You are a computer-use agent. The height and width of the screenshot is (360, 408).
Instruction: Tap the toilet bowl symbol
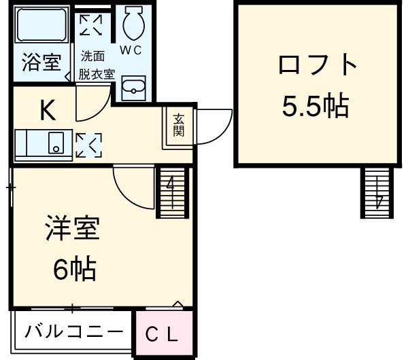[x=134, y=22]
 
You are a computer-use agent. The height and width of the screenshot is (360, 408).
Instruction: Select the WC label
[x=131, y=50]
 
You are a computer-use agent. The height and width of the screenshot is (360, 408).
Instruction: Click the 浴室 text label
[x=41, y=62]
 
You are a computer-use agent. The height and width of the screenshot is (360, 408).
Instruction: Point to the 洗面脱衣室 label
[x=97, y=65]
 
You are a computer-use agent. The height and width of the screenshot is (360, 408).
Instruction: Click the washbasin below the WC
[x=134, y=88]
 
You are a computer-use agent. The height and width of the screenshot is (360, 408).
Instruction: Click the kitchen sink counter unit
[x=44, y=145]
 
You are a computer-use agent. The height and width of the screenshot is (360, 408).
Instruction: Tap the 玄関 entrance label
[x=179, y=125]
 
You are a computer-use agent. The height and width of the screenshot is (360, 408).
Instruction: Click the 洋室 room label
[x=72, y=228]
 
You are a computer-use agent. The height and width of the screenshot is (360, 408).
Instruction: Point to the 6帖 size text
[x=75, y=268]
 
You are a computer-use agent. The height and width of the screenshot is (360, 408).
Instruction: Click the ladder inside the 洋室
[x=172, y=192]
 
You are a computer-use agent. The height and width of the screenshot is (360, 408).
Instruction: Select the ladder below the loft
[x=377, y=193]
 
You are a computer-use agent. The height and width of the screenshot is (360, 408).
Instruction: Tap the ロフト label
[x=318, y=65]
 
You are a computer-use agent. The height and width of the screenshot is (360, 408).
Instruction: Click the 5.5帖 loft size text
[x=316, y=106]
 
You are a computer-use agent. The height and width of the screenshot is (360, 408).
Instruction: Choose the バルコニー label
[x=74, y=331]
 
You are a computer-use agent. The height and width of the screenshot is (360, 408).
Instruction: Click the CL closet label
[x=162, y=334]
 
